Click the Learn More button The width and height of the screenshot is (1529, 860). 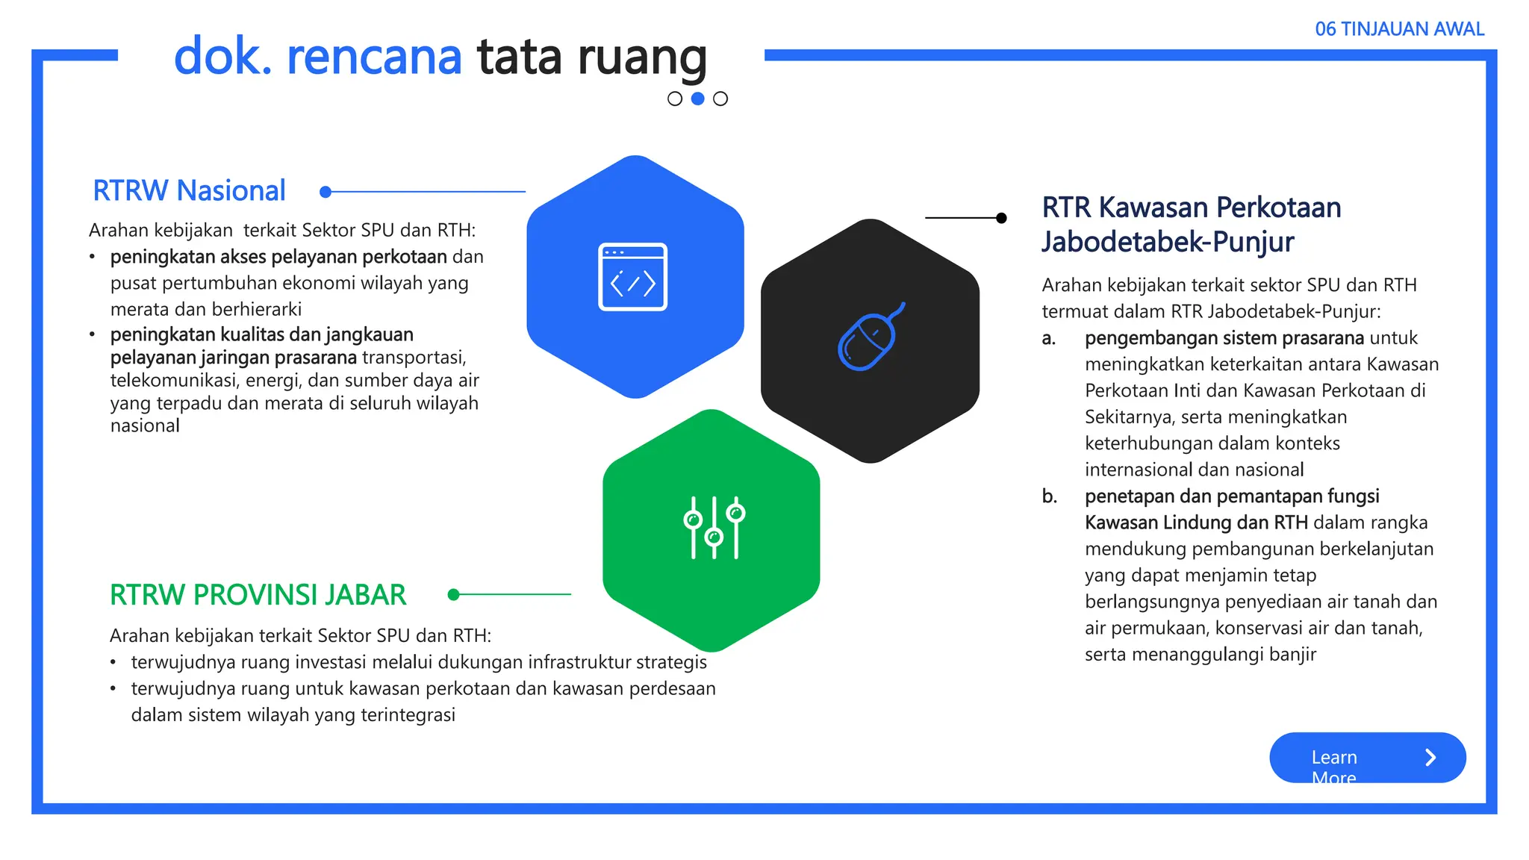[x=1366, y=758]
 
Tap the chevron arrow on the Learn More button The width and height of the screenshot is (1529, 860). [x=1430, y=758]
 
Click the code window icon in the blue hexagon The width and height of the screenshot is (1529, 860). [x=632, y=277]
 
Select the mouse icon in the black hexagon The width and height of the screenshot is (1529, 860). [x=869, y=338]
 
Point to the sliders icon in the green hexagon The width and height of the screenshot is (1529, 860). [x=714, y=527]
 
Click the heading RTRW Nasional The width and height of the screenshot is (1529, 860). [x=189, y=191]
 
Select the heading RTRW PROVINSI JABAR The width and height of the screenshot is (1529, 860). [x=258, y=595]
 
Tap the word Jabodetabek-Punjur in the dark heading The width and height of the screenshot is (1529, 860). [x=1168, y=242]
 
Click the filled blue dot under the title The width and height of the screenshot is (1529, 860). [x=698, y=99]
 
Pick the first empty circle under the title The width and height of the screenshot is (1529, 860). [x=675, y=99]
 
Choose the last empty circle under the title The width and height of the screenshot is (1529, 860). [x=720, y=99]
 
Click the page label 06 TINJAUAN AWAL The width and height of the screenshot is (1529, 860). [x=1399, y=29]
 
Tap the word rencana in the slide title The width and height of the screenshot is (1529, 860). [x=374, y=57]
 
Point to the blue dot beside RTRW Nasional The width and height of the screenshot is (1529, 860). [x=326, y=192]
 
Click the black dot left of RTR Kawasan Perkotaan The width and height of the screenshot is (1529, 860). [x=1001, y=218]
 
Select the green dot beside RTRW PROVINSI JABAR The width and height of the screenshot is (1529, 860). [x=453, y=594]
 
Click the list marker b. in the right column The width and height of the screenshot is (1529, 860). [x=1049, y=496]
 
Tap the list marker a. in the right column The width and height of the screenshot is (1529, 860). [x=1049, y=338]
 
